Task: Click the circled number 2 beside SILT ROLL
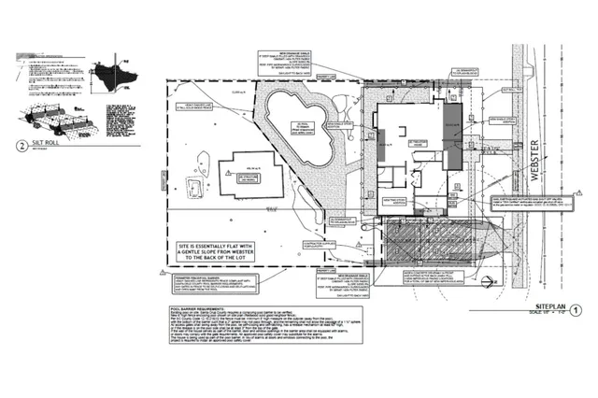coord(21,145)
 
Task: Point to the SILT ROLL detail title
coord(45,145)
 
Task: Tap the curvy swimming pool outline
coord(298,130)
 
